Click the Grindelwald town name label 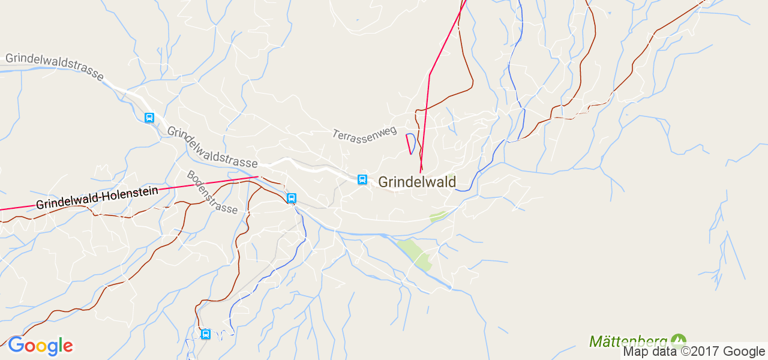[x=417, y=182]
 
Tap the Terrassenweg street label [x=364, y=132]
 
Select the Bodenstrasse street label [x=212, y=193]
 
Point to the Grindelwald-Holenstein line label [x=97, y=197]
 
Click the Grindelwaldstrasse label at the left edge [x=54, y=67]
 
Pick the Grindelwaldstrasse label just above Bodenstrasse [x=212, y=146]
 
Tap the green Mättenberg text [x=628, y=341]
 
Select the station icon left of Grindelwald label [x=362, y=179]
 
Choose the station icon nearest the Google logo [x=206, y=334]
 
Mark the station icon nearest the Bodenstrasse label [x=292, y=198]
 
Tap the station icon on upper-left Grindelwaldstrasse [x=149, y=118]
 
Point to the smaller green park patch [x=438, y=216]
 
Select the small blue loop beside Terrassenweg [x=410, y=143]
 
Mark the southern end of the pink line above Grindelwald [x=421, y=172]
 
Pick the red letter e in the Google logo [x=67, y=347]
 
